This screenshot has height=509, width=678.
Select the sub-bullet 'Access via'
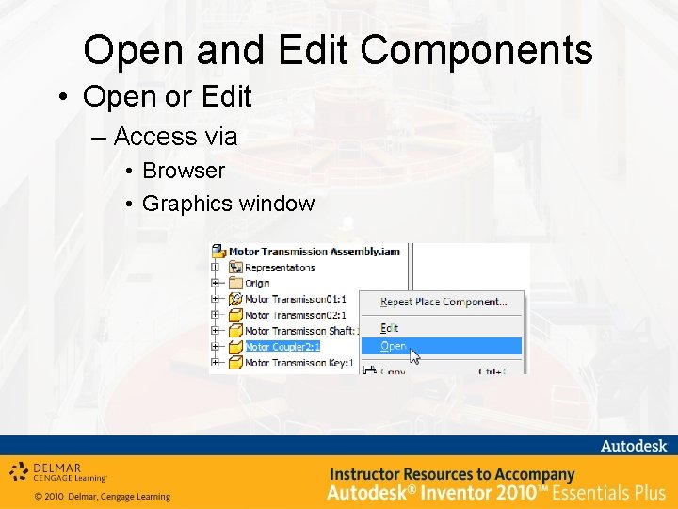[175, 137]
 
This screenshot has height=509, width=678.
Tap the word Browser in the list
[184, 171]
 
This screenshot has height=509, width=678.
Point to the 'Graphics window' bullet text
[229, 203]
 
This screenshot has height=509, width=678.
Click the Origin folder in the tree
[257, 283]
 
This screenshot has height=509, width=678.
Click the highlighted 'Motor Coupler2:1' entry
[282, 347]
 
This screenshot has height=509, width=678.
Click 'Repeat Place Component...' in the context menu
[444, 303]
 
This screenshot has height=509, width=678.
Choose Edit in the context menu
[390, 328]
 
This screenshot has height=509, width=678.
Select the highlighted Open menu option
[394, 346]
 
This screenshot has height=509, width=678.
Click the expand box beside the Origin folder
[216, 283]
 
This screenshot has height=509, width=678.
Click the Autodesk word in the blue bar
[633, 446]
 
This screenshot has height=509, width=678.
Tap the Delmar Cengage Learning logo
[58, 472]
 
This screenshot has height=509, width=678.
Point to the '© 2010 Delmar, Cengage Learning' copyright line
[103, 497]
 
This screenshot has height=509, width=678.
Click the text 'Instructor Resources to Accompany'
[451, 474]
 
